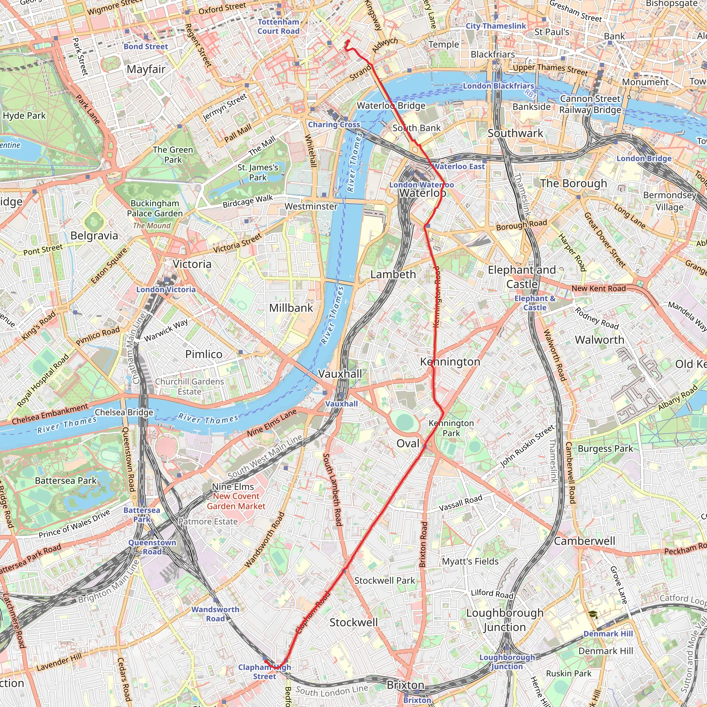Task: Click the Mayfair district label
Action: pyautogui.click(x=146, y=69)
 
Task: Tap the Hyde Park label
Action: pyautogui.click(x=24, y=116)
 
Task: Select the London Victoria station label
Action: pyautogui.click(x=166, y=289)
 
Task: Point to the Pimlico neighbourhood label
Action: pyautogui.click(x=203, y=354)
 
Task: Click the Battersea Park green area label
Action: pyautogui.click(x=66, y=481)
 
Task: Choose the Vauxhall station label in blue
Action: pyautogui.click(x=341, y=404)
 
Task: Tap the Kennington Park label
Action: pyautogui.click(x=451, y=428)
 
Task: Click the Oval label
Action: pyautogui.click(x=408, y=444)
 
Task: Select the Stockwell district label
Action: pyautogui.click(x=353, y=622)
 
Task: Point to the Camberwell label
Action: pyautogui.click(x=584, y=541)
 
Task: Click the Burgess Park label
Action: pyautogui.click(x=605, y=449)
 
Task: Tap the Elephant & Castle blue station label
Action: pyautogui.click(x=535, y=303)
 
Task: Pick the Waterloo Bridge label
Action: pyautogui.click(x=391, y=106)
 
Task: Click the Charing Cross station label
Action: pyautogui.click(x=334, y=124)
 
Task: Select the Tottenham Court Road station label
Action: pyautogui.click(x=278, y=26)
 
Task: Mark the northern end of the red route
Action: pyautogui.click(x=348, y=41)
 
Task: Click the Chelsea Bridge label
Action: pyautogui.click(x=124, y=413)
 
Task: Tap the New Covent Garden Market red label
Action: pyautogui.click(x=236, y=501)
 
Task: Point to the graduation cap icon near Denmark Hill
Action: pyautogui.click(x=593, y=615)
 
